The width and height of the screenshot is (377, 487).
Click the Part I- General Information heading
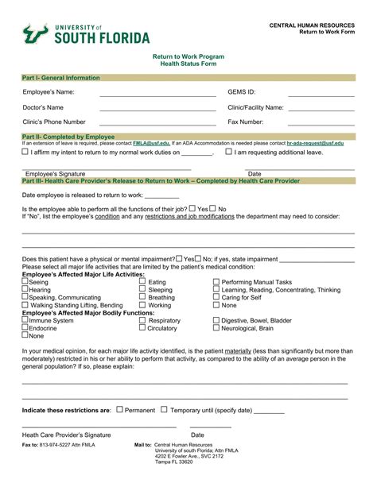60,78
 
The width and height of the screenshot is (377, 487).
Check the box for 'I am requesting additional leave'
229,151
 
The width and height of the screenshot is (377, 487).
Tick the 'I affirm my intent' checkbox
25,151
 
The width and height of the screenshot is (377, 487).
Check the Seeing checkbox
25,282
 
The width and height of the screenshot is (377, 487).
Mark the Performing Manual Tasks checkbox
216,282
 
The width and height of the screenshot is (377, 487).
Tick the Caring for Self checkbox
216,297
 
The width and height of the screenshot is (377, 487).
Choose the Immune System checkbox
25,320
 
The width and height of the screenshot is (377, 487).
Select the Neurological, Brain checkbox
216,328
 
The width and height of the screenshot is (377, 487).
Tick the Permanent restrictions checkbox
119,410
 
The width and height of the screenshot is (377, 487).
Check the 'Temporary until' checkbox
164,410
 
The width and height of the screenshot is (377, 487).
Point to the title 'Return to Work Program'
188,57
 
